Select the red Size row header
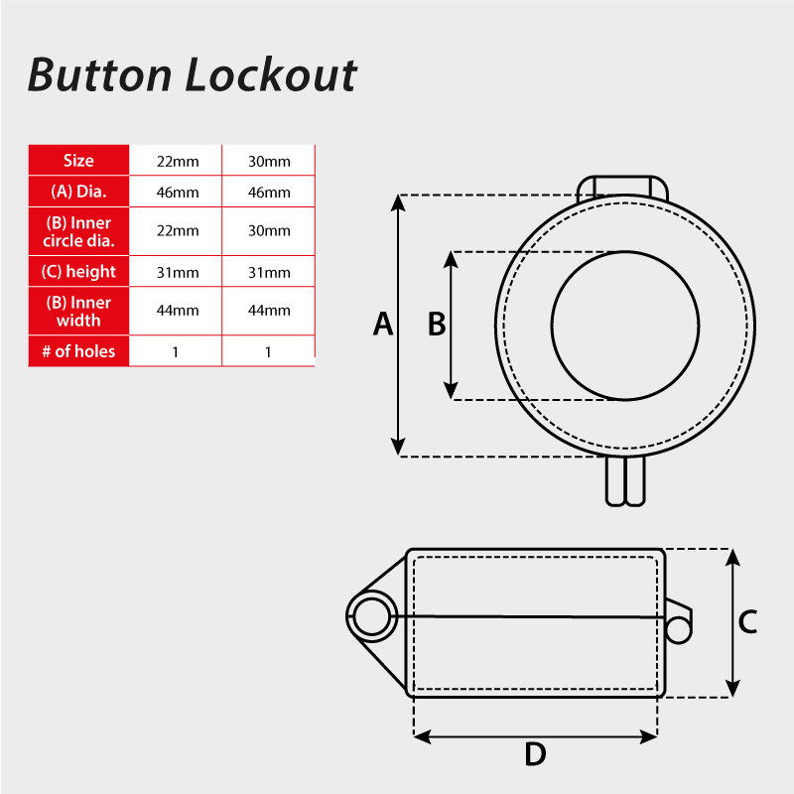[78, 161]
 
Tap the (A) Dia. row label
[78, 192]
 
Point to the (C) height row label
[78, 271]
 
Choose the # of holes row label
[78, 350]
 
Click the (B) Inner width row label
[78, 311]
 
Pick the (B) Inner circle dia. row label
[78, 231]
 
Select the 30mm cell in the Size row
[269, 161]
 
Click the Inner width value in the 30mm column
[269, 311]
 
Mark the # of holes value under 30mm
[269, 351]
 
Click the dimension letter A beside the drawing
[383, 325]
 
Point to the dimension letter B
[437, 325]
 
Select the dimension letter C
[748, 622]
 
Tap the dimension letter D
[535, 755]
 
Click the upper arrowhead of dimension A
[398, 200]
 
